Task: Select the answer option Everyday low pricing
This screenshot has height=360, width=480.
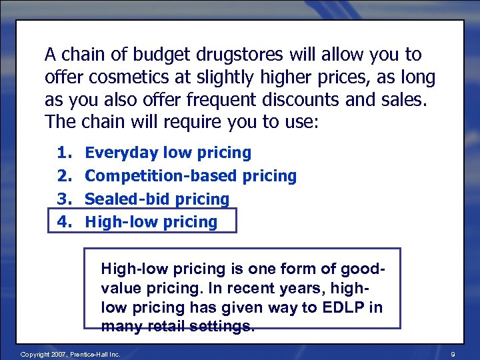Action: click(x=168, y=153)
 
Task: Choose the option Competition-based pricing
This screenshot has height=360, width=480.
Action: click(x=191, y=176)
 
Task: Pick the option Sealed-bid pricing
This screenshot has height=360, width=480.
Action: click(x=157, y=199)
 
